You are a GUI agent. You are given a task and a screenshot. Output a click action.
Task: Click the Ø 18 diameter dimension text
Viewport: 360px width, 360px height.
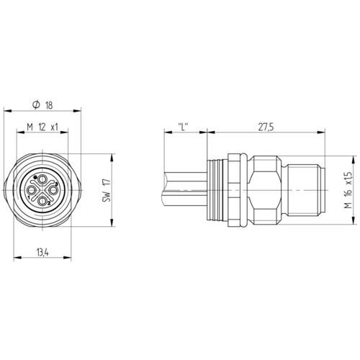tap(42, 105)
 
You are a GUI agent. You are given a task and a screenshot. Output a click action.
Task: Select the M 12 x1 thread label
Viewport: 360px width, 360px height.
tap(42, 127)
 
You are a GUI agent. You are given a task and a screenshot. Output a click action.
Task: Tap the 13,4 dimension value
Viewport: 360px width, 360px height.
tap(42, 252)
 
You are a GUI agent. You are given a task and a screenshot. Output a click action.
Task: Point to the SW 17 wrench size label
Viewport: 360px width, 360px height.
tap(107, 190)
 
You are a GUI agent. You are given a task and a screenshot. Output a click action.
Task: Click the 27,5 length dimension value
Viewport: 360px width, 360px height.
tap(266, 127)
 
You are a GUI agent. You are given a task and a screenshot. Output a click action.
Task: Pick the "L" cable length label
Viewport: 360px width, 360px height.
tap(183, 127)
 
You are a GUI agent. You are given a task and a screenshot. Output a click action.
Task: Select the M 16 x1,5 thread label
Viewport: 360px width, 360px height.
tap(348, 190)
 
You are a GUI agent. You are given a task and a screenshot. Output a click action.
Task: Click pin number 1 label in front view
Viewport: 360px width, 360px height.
tap(29, 197)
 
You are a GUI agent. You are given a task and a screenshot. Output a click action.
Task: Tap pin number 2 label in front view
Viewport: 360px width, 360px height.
tap(49, 203)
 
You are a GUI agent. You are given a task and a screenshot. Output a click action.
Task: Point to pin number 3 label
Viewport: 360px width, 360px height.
tap(56, 184)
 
